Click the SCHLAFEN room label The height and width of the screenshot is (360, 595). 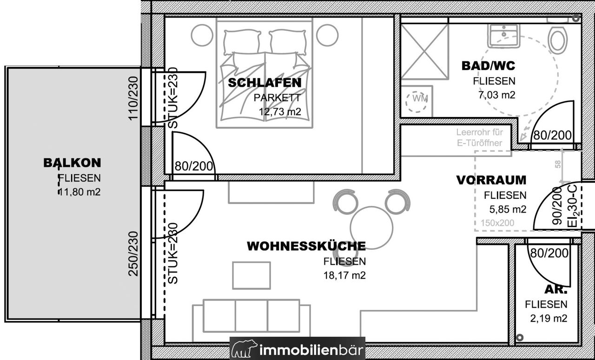(265, 83)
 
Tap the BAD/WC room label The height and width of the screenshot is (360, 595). (489, 66)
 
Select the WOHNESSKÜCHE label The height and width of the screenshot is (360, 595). (306, 246)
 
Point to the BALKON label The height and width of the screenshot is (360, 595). (72, 163)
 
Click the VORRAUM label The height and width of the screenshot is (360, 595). (491, 180)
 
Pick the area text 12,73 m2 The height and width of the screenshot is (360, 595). (280, 111)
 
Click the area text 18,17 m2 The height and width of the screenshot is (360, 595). (344, 275)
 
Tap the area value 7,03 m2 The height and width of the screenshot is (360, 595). (497, 95)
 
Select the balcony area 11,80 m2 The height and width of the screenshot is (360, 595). (79, 192)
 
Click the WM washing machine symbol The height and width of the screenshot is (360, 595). (416, 101)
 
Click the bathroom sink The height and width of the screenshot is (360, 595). (504, 36)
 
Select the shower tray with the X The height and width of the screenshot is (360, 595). (424, 52)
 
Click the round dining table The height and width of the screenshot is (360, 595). (371, 228)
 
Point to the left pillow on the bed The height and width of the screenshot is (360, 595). (242, 42)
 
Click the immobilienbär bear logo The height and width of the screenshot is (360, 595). (245, 348)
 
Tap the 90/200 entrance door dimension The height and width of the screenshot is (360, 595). (557, 206)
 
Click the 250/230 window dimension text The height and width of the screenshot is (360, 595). (133, 254)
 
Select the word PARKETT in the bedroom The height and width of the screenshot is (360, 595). (278, 98)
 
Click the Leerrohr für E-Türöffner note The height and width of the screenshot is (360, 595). (479, 137)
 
